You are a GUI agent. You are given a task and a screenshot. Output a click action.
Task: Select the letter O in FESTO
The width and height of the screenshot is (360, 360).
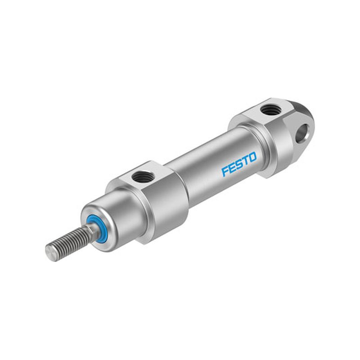point(252,157)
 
